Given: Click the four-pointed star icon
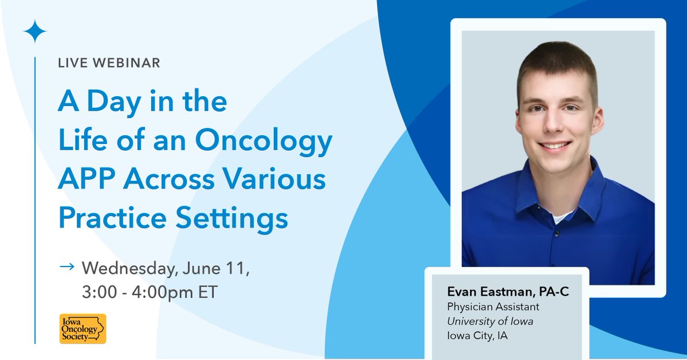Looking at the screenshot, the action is pyautogui.click(x=34, y=32).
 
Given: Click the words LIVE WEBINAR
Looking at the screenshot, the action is pyautogui.click(x=109, y=62).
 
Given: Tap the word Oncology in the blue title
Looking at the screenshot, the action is pyautogui.click(x=264, y=141).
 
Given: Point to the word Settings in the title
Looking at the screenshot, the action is pyautogui.click(x=232, y=219).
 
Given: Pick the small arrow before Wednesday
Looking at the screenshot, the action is pyautogui.click(x=67, y=266).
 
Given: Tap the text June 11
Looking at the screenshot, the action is pyautogui.click(x=215, y=268).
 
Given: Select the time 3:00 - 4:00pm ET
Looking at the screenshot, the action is pyautogui.click(x=150, y=292).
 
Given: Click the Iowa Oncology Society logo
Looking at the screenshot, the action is pyautogui.click(x=83, y=328).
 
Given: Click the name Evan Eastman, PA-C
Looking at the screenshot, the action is pyautogui.click(x=508, y=292).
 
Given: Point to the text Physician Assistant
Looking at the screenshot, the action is pyautogui.click(x=493, y=307).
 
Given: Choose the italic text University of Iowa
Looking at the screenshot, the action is pyautogui.click(x=490, y=322).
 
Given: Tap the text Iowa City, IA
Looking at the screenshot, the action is pyautogui.click(x=477, y=336).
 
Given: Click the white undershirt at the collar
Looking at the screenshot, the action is pyautogui.click(x=562, y=216).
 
